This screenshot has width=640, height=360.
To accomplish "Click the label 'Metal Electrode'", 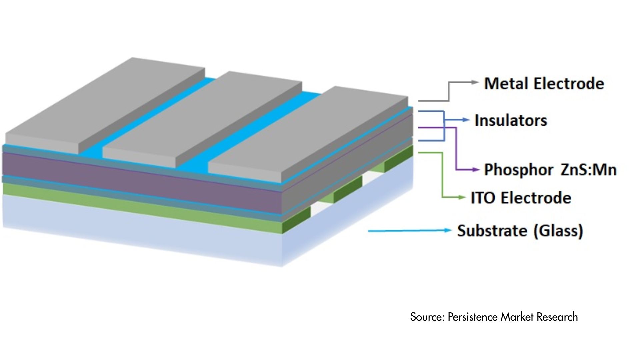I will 544,83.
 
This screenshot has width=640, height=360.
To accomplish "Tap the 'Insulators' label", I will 511,120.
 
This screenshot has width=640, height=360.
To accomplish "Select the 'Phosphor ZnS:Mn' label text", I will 550,170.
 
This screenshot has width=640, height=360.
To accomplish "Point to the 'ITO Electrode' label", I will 521,198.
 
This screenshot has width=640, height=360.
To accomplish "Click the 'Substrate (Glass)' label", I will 520,231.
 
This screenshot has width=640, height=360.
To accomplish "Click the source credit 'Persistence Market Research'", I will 513,317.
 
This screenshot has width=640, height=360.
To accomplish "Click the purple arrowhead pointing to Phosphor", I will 476,170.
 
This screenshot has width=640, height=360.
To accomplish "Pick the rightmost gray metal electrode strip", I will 310,133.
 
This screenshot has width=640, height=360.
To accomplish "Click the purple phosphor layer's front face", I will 140,177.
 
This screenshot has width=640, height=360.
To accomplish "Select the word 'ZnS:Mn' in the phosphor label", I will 588,170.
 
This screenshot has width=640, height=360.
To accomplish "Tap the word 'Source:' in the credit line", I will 427,317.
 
